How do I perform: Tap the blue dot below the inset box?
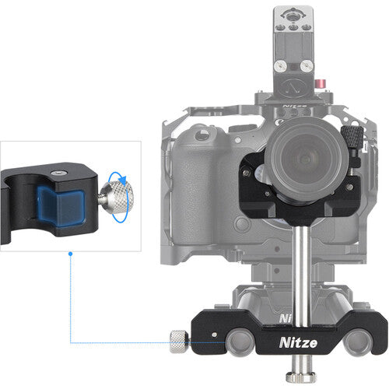pyautogui.click(x=71, y=254)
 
